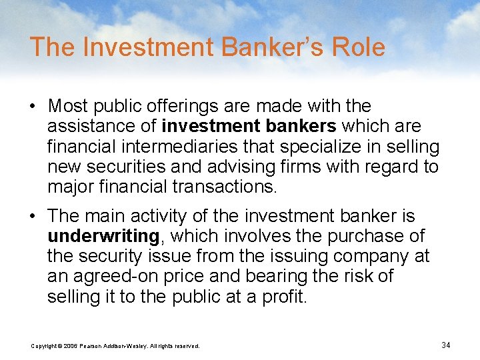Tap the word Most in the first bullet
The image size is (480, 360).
(x=71, y=106)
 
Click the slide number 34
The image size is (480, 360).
(x=446, y=345)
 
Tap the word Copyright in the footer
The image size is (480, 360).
(x=45, y=346)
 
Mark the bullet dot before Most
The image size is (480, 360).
(x=35, y=107)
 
